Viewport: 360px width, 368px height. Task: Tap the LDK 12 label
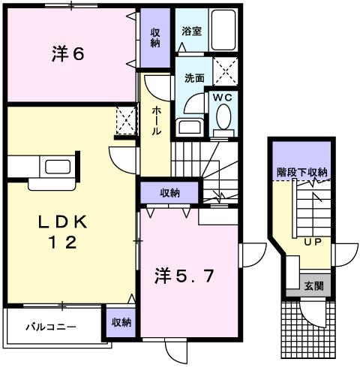coord(63,232)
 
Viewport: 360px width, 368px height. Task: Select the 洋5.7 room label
coord(187,275)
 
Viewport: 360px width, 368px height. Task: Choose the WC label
coord(223,97)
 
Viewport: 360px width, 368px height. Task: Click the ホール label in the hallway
coord(157,120)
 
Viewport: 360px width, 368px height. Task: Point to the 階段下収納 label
coord(301,173)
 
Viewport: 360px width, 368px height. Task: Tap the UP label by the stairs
coord(313,242)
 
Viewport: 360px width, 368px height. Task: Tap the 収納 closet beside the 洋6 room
coord(155,38)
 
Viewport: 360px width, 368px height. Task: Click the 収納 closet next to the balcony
coord(120,322)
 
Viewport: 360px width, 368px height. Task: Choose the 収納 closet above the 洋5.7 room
coord(169,194)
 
